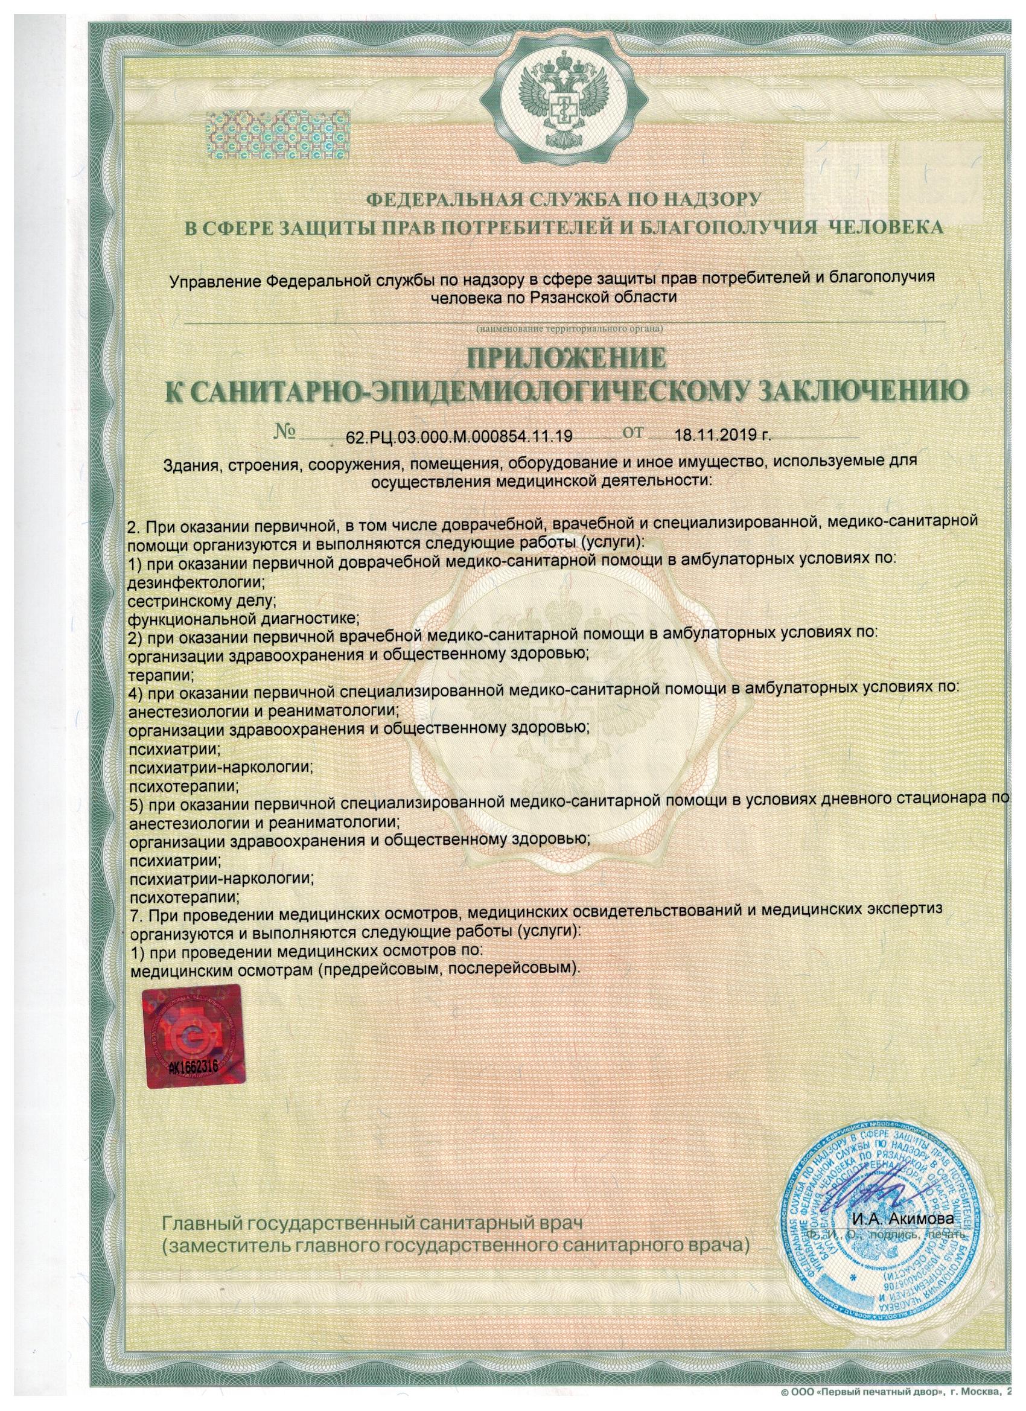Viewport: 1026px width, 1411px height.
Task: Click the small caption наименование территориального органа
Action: click(x=570, y=327)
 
